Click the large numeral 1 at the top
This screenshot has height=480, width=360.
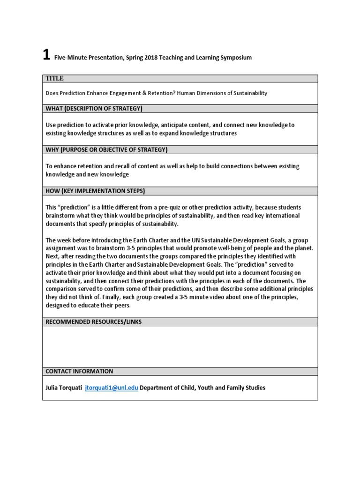[x=46, y=55]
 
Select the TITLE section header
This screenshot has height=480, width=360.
[x=54, y=79]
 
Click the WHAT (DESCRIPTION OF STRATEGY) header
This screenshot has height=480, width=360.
[x=94, y=109]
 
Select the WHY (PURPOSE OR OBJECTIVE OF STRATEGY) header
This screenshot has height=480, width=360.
[x=106, y=150]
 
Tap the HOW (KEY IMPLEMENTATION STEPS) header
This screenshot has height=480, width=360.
[x=95, y=191]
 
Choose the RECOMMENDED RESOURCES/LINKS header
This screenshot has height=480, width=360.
[x=93, y=322]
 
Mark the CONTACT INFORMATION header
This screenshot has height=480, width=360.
[x=79, y=371]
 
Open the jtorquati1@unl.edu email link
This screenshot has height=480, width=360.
[x=111, y=388]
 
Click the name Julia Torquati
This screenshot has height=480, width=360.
[x=63, y=388]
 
